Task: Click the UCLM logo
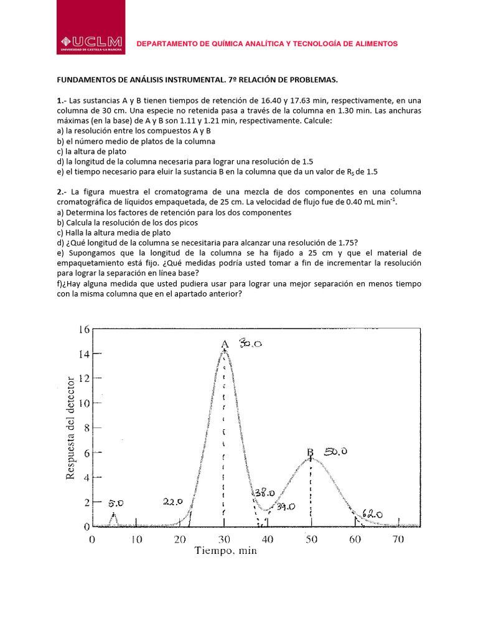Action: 96,44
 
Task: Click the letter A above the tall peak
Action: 225,344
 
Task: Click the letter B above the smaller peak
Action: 310,452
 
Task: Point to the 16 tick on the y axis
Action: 83,329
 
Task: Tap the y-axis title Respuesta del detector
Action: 70,427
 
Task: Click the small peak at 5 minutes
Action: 113,517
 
